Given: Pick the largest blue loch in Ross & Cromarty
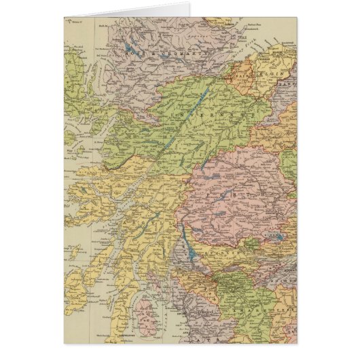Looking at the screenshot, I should tap(128, 48).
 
